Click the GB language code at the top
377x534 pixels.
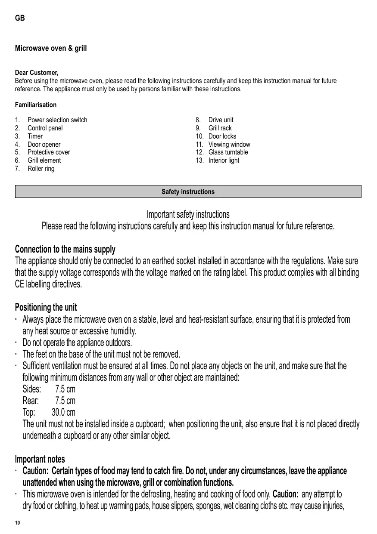20,18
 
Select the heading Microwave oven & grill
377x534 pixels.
51,48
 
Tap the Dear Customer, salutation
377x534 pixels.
37,72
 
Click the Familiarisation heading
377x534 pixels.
36,105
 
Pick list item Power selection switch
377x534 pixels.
57,120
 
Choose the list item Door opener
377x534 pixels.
44,145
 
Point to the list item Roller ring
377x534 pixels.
41,169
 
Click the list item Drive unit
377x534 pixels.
221,120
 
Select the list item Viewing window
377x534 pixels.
229,145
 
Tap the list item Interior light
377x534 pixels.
224,161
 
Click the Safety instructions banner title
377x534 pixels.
188,192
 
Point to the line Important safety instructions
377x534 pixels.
188,214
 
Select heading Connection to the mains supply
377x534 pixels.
65,250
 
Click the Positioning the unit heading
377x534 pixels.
46,307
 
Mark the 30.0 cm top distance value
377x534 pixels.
63,413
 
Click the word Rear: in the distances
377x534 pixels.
31,401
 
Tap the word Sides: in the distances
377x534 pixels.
32,389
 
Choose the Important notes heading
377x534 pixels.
40,459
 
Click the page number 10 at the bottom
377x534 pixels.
17,523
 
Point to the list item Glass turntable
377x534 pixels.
228,152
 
